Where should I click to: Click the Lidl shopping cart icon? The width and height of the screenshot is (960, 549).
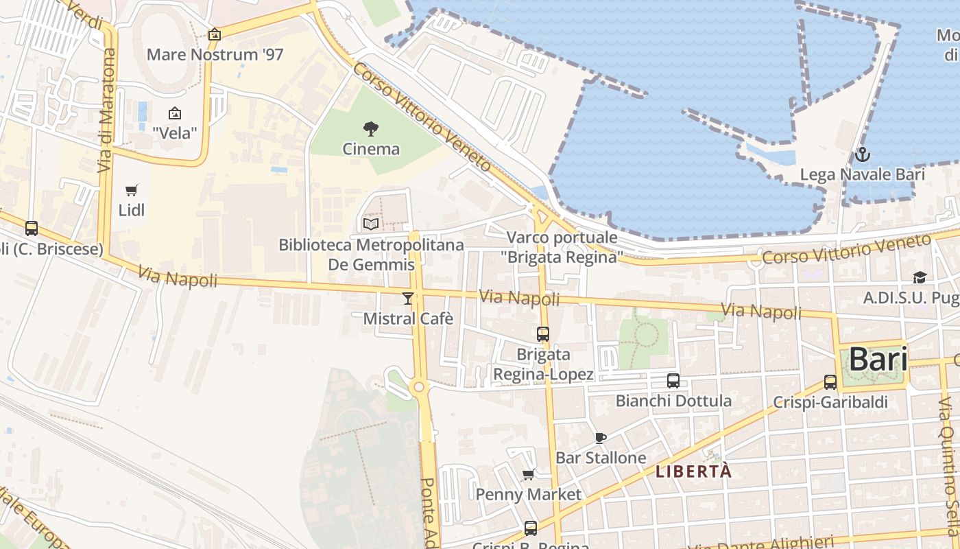(131, 190)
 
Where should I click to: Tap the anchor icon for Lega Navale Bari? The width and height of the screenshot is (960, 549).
(862, 154)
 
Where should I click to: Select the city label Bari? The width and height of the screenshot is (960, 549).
(878, 359)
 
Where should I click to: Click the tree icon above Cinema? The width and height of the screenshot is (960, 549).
(371, 128)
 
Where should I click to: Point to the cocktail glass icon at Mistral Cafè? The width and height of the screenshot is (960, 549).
(408, 298)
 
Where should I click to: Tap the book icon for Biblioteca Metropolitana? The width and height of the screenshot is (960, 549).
(371, 224)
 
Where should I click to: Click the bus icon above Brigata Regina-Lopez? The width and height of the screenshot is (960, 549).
(543, 334)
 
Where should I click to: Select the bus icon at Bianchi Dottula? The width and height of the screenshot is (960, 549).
(673, 381)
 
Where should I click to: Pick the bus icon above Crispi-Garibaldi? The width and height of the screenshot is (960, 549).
(830, 382)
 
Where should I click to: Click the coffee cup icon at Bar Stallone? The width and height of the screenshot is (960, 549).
(601, 438)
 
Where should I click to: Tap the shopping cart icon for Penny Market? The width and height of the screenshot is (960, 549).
(529, 474)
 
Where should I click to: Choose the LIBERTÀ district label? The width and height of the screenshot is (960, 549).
(693, 471)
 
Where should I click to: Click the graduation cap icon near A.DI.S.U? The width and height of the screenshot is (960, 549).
(919, 277)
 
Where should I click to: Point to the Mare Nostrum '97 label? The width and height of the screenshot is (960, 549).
(215, 55)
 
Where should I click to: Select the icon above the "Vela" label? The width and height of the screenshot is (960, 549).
(175, 113)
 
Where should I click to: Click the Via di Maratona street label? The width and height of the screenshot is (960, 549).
(106, 110)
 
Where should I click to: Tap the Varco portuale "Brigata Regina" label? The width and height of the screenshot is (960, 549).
(562, 247)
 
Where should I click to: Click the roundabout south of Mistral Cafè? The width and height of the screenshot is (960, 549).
(420, 388)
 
